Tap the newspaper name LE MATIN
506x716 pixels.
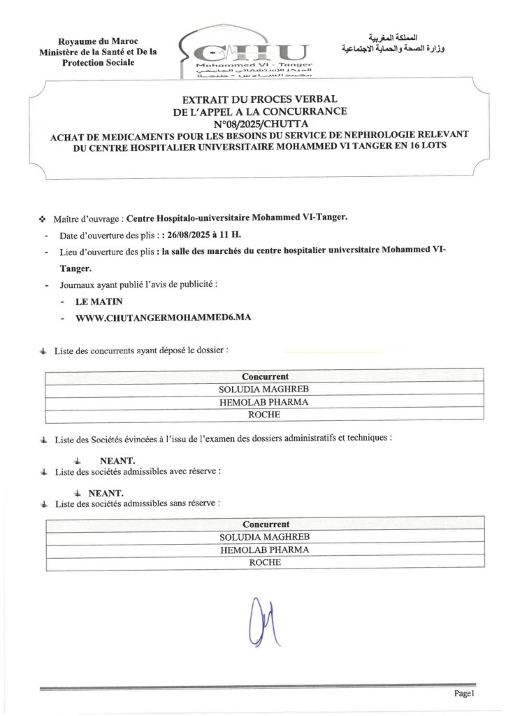99,301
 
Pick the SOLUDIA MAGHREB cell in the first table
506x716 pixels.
265,389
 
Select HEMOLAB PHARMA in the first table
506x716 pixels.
265,402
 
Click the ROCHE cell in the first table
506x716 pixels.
265,415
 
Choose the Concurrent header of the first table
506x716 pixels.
265,376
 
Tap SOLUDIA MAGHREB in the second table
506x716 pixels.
265,536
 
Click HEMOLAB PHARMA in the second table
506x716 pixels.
265,550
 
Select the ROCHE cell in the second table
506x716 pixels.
265,562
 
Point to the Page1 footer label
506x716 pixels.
464,693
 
